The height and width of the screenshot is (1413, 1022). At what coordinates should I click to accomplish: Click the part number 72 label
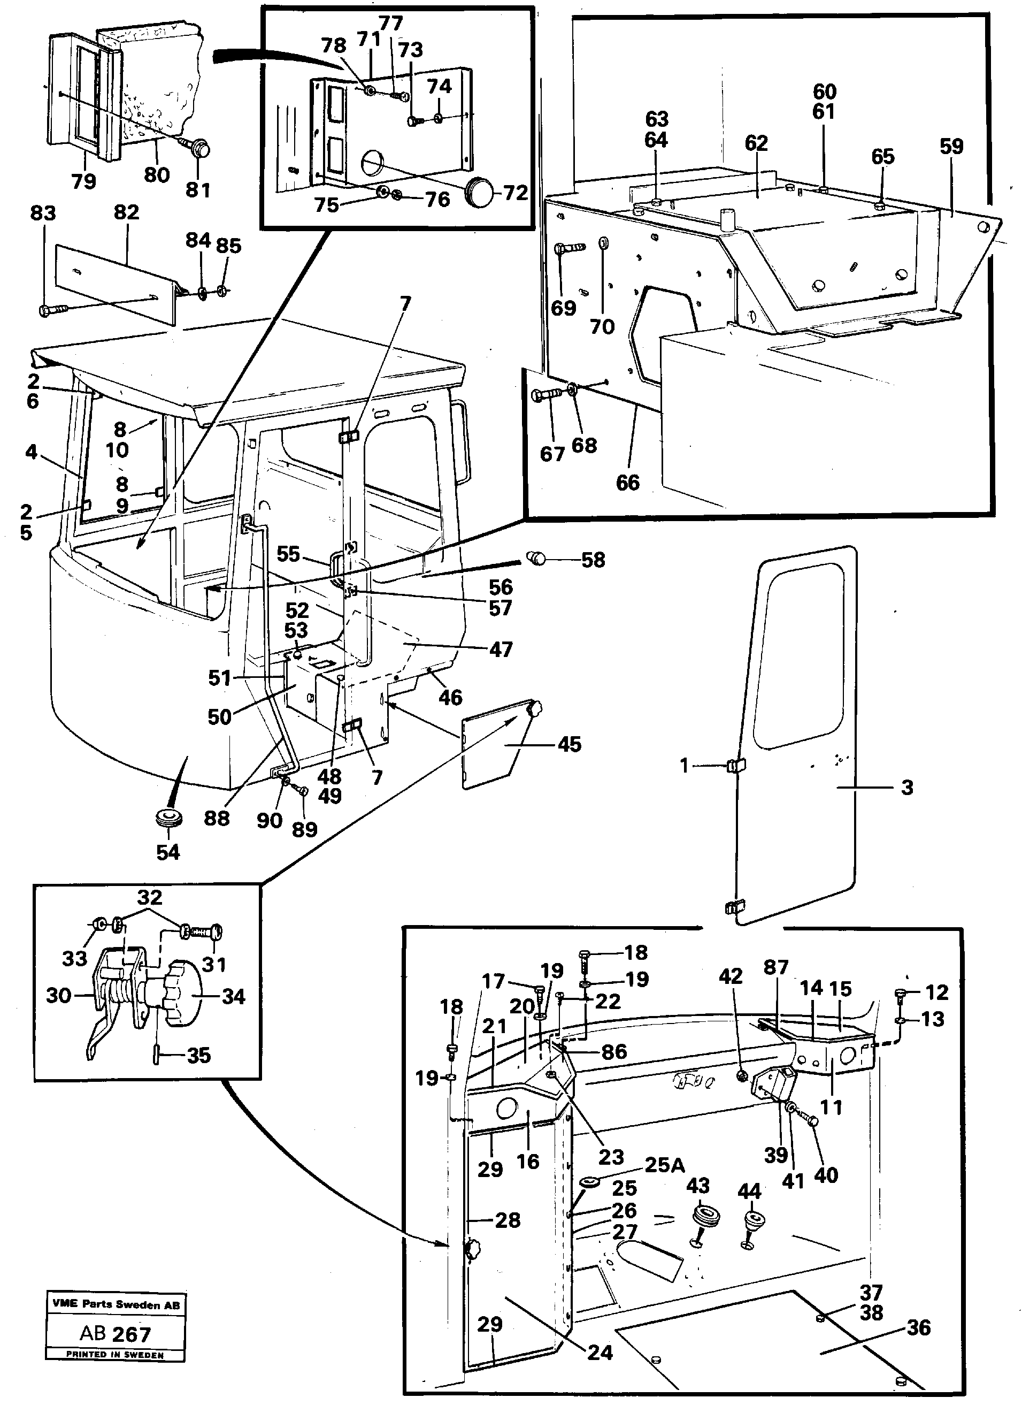pos(515,193)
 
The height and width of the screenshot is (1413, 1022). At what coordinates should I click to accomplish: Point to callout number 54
pos(168,852)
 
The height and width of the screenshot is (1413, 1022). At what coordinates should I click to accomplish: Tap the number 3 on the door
pos(907,787)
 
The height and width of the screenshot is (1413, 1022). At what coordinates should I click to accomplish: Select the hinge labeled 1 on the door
pos(735,765)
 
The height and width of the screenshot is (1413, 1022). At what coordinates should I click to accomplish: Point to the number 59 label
pos(951,147)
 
